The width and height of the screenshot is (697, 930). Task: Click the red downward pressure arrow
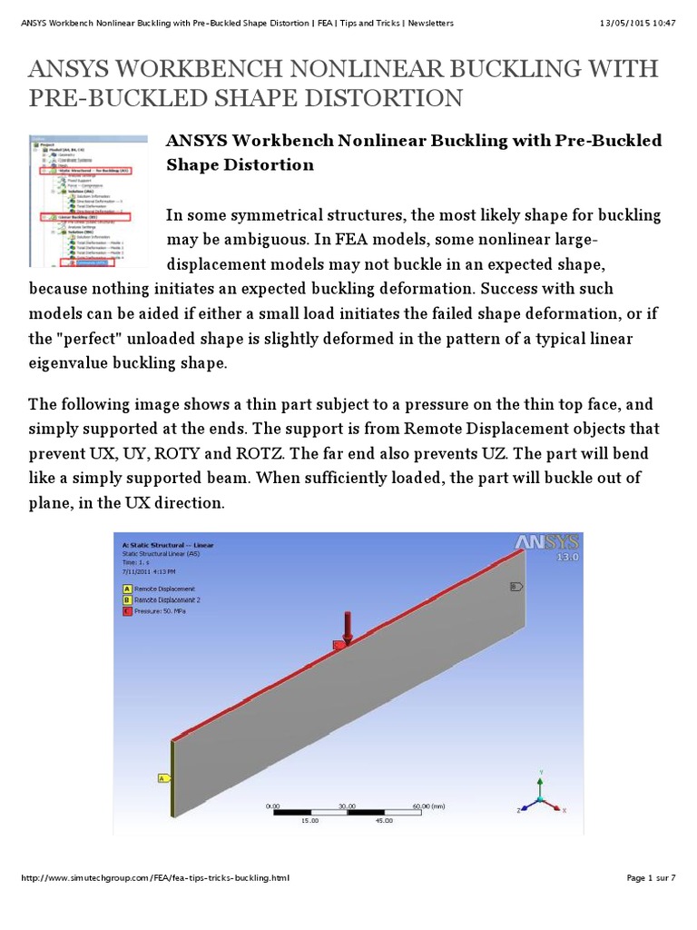(346, 627)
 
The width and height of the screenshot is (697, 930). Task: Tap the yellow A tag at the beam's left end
(163, 778)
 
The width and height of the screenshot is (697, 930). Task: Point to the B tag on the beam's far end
(517, 586)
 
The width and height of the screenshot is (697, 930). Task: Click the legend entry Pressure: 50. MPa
(152, 611)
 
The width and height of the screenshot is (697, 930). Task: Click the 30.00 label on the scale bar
(346, 806)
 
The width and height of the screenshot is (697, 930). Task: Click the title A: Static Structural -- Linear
(168, 545)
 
